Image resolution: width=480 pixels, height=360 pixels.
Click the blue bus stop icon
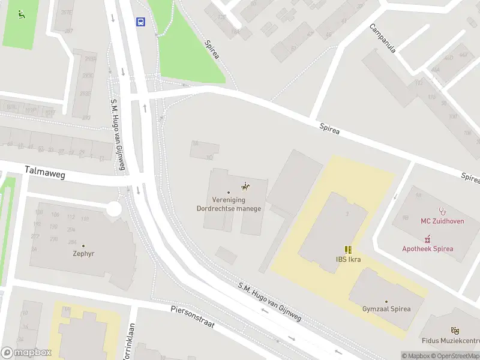pos(140,22)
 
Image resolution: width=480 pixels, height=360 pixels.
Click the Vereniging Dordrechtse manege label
pos(228,205)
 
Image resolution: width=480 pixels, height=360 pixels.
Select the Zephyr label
pos(83,253)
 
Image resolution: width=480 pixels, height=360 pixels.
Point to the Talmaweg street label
pos(44,174)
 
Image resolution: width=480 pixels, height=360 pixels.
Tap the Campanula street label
pos(383,38)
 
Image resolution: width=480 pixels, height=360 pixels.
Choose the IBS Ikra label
pos(348,260)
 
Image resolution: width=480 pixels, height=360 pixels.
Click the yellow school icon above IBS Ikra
pos(348,250)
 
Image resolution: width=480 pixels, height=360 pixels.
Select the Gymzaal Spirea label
pos(386,309)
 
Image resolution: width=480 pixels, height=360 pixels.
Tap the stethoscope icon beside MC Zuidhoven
pos(443,211)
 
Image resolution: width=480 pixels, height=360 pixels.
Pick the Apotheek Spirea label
pos(427,248)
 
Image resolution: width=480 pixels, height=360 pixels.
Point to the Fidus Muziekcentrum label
pos(450,340)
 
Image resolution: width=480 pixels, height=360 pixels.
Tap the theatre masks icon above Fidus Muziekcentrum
pos(455,330)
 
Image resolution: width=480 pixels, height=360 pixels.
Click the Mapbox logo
pos(26,353)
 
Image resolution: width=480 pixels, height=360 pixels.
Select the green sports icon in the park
pos(22,14)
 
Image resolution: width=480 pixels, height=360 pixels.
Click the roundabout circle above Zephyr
pos(113,209)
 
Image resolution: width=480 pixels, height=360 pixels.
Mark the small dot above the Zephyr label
pos(83,245)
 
